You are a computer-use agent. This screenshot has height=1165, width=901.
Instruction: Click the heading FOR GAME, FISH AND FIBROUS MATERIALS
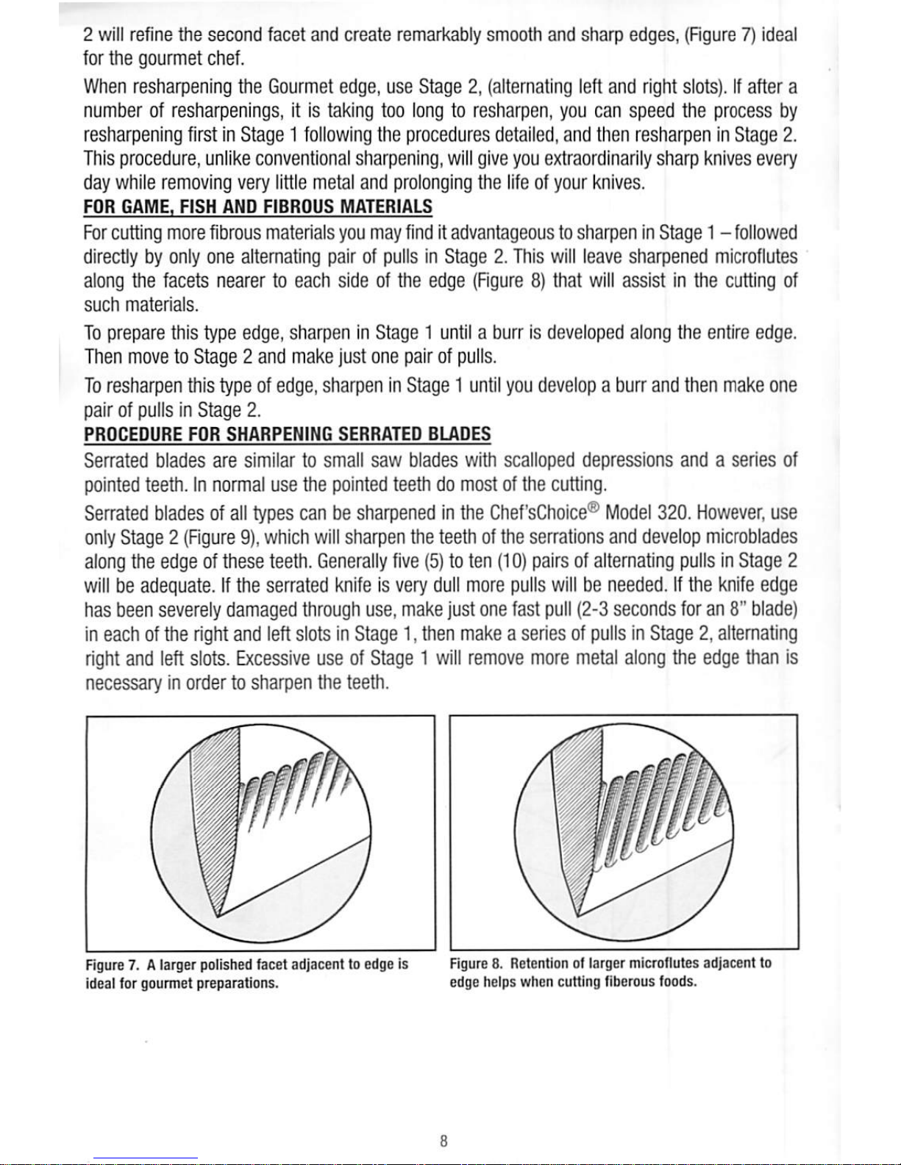(258, 206)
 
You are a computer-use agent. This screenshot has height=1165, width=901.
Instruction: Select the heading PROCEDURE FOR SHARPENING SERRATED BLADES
(288, 434)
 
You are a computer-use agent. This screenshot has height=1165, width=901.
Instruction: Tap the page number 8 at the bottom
(444, 1141)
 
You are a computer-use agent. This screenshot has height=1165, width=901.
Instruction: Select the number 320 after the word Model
(672, 512)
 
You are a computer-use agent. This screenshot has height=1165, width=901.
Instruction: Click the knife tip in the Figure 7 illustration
(218, 916)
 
